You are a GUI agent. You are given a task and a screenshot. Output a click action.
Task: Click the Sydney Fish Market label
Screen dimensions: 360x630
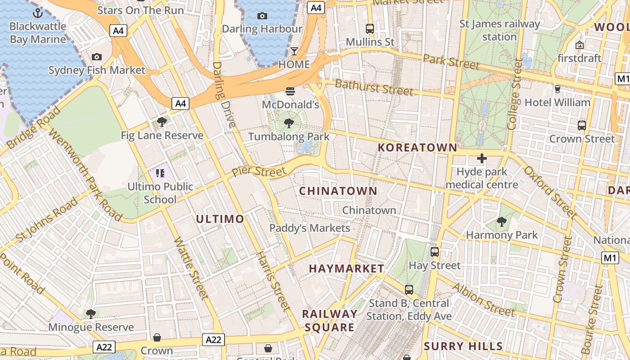(97, 70)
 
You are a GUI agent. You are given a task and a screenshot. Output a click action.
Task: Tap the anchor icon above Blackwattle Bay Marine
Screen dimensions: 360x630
(38, 13)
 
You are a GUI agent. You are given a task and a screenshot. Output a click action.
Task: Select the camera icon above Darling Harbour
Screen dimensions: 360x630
(262, 16)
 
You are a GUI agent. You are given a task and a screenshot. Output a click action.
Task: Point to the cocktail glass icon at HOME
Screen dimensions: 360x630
(294, 51)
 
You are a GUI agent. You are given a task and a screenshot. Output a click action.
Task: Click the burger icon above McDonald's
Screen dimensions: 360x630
(290, 91)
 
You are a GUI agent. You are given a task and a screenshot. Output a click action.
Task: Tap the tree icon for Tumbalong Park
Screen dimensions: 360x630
(289, 123)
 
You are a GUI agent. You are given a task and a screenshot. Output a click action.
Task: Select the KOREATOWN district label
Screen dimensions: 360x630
(417, 148)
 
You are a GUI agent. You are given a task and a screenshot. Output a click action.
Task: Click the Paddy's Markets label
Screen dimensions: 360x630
(310, 228)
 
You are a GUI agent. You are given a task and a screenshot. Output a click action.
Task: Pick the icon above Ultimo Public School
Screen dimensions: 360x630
(160, 173)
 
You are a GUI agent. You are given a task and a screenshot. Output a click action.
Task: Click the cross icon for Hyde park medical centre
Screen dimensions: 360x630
(482, 158)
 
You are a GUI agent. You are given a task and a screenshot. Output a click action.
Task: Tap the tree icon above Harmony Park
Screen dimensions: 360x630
(502, 222)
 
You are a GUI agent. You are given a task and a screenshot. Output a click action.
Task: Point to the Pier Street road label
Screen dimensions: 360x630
(259, 172)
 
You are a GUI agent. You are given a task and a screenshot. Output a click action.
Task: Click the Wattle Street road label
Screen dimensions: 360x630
(191, 268)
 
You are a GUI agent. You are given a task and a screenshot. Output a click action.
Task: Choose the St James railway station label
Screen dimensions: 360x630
(499, 30)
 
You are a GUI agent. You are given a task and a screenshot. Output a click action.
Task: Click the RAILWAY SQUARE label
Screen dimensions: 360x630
(330, 320)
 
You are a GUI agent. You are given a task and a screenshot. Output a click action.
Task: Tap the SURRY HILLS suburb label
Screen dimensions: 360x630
(463, 346)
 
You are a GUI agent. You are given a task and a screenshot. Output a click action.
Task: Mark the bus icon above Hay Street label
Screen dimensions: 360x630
(435, 252)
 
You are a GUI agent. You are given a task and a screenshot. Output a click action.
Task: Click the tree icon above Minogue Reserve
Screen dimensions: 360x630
(91, 314)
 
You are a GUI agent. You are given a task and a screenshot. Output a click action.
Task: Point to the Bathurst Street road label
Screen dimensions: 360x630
(374, 87)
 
